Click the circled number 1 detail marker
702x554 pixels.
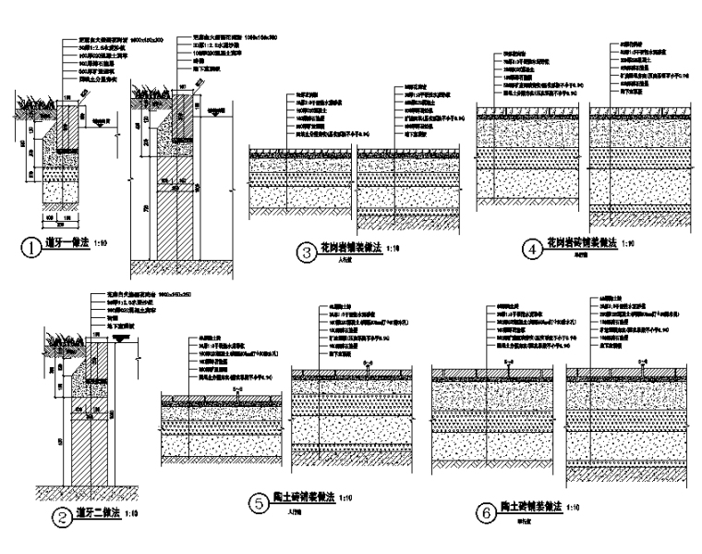coord(30,249)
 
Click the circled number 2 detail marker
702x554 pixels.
coord(60,518)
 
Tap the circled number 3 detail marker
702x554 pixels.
coord(304,252)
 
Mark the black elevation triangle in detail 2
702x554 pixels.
coord(118,339)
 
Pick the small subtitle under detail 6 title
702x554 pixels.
coord(524,519)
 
